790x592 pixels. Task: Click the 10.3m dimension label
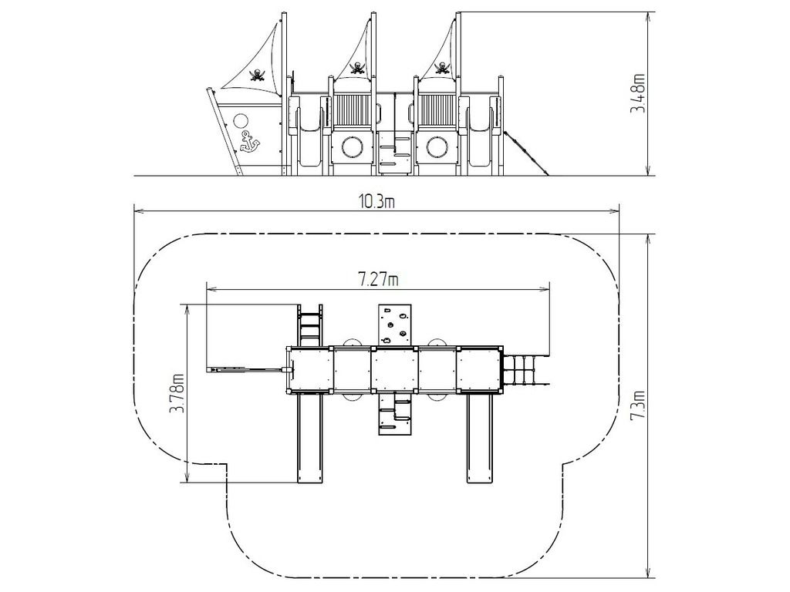point(376,201)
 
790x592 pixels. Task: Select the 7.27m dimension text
point(378,278)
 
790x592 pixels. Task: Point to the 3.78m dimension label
point(176,392)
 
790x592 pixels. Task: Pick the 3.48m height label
point(638,93)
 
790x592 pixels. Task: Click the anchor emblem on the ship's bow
point(249,142)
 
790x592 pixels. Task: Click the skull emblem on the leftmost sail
point(258,75)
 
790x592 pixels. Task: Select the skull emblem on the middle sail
point(357,68)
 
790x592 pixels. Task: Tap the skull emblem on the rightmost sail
point(442,68)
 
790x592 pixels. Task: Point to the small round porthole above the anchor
point(241,121)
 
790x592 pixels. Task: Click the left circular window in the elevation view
point(352,147)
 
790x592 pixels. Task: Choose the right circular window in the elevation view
point(437,147)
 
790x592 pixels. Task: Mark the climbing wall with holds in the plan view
point(394,325)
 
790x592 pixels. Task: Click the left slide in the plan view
point(309,438)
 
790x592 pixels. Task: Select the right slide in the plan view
point(478,438)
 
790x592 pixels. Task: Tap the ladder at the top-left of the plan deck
point(310,325)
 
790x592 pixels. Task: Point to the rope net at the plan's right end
point(522,371)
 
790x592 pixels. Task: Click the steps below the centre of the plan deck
point(394,413)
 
